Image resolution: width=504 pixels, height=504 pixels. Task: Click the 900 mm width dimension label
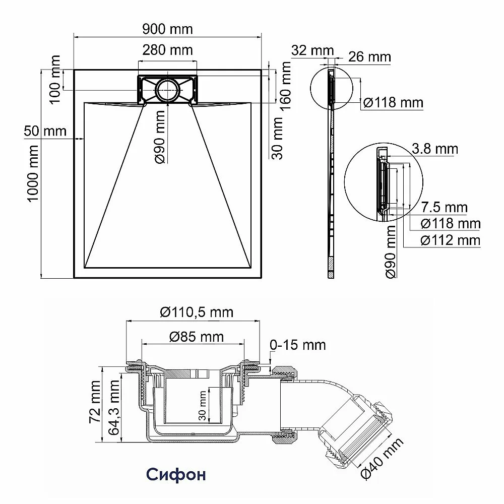tap(167, 29)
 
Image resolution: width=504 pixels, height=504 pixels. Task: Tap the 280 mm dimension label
tap(167, 50)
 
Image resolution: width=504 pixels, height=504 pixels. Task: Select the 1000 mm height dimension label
tap(33, 173)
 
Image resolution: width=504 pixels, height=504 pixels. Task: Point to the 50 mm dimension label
tap(45, 131)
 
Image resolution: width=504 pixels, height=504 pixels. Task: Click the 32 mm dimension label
tap(312, 50)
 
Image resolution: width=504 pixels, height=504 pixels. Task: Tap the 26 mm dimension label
tap(369, 57)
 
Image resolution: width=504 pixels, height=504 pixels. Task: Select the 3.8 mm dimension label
tap(434, 149)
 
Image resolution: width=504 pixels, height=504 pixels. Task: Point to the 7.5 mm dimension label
tap(444, 207)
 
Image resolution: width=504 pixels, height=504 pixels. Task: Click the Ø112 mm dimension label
tap(451, 240)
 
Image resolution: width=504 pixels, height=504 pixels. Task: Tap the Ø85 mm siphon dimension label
tap(193, 337)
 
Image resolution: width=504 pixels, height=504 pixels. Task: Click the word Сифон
tap(176, 474)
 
